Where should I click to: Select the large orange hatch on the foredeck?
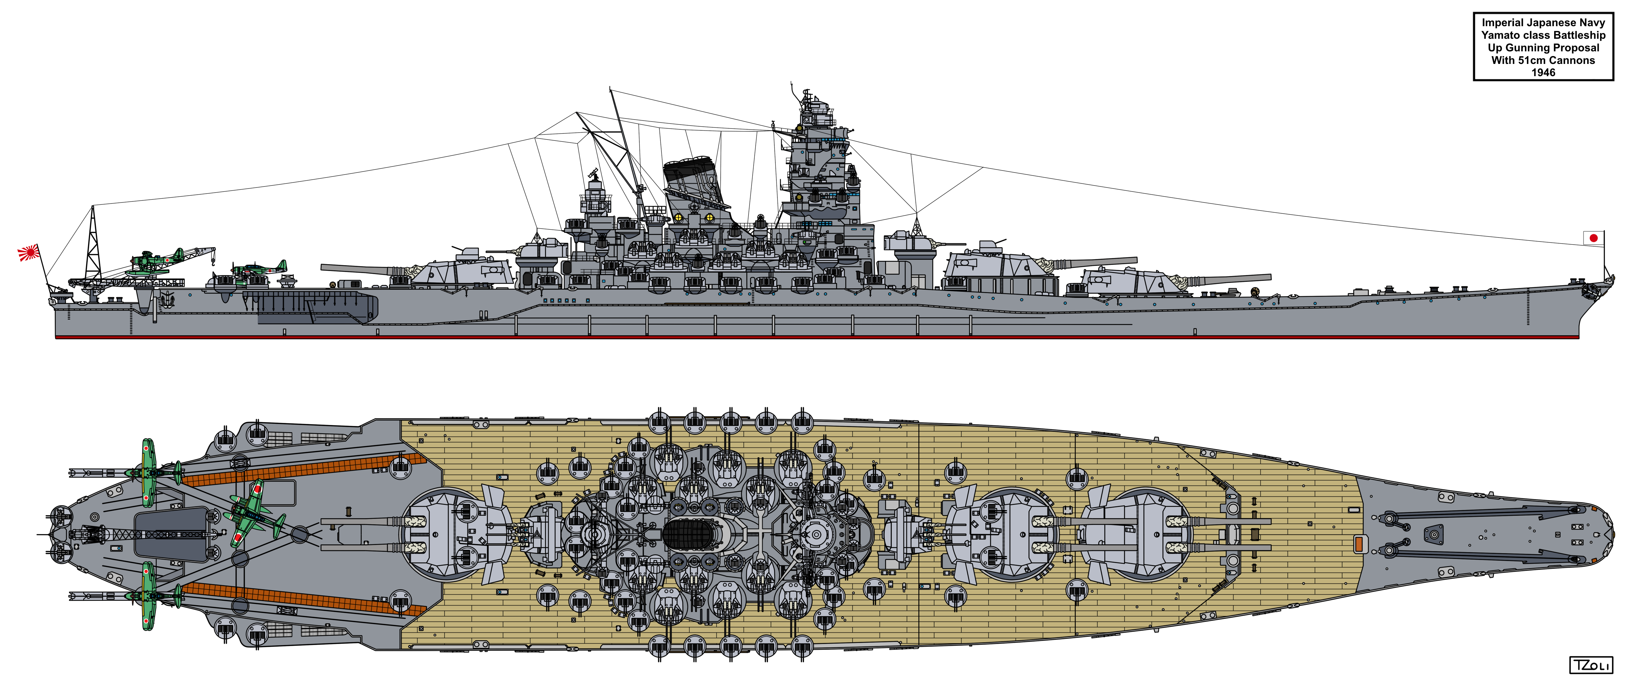pyautogui.click(x=1358, y=543)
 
